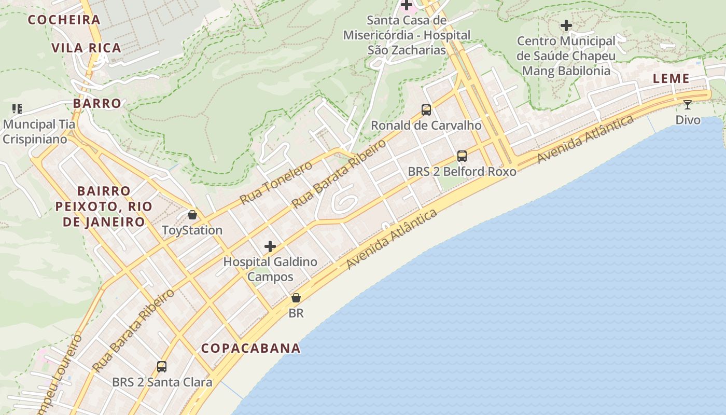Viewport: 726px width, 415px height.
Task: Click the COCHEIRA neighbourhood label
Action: [64, 20]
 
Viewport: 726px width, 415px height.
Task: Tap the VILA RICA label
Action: [86, 48]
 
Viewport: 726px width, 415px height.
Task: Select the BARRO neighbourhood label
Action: [97, 103]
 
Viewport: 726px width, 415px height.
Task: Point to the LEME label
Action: [671, 79]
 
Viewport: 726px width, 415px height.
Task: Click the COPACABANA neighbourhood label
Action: [251, 348]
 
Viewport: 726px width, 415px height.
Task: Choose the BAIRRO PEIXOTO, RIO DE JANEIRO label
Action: [104, 206]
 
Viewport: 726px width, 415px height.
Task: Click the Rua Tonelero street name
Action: [276, 183]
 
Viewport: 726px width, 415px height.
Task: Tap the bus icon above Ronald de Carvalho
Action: [426, 110]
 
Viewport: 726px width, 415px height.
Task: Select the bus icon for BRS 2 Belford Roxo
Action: [462, 156]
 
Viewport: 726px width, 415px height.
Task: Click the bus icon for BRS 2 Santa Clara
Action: [162, 367]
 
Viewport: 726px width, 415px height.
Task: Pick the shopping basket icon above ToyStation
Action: [192, 215]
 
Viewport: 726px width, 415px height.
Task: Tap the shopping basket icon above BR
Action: [296, 298]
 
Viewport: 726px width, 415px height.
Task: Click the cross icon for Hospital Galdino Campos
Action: [270, 246]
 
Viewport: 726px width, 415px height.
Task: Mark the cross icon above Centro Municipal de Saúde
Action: [566, 25]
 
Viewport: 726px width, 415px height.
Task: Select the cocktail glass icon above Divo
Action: [688, 105]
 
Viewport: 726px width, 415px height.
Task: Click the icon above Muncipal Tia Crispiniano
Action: [17, 109]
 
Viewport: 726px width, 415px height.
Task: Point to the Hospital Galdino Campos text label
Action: [270, 269]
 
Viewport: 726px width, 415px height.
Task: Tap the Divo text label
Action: [688, 120]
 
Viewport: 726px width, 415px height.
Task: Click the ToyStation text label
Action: [192, 230]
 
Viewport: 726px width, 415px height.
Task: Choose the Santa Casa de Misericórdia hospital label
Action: [407, 35]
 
